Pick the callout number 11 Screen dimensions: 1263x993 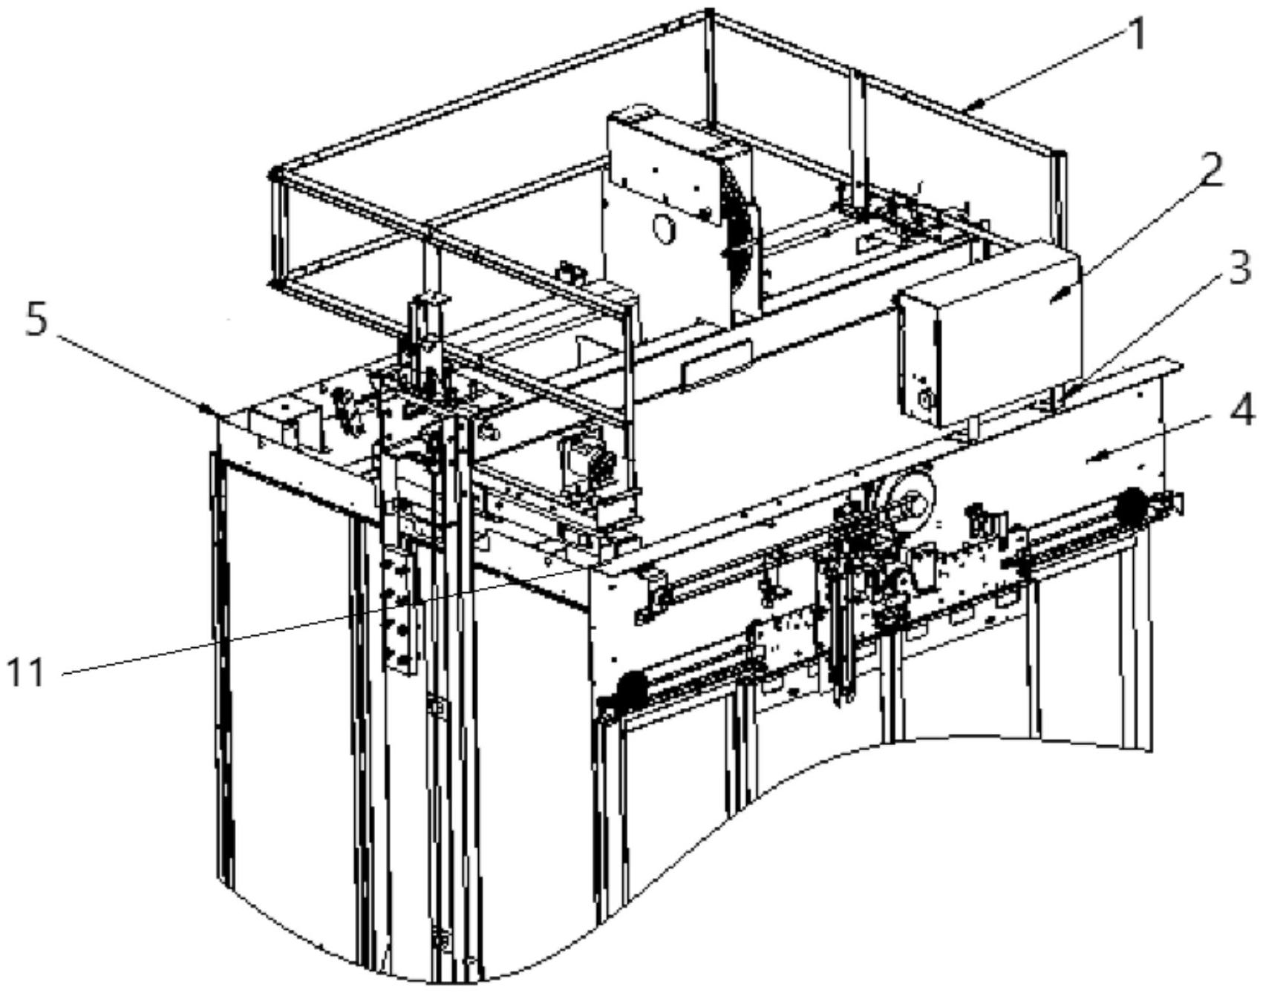click(x=27, y=674)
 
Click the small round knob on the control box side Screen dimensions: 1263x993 click(x=925, y=401)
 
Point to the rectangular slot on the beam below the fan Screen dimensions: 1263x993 click(x=717, y=362)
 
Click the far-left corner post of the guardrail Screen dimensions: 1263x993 click(x=276, y=226)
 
